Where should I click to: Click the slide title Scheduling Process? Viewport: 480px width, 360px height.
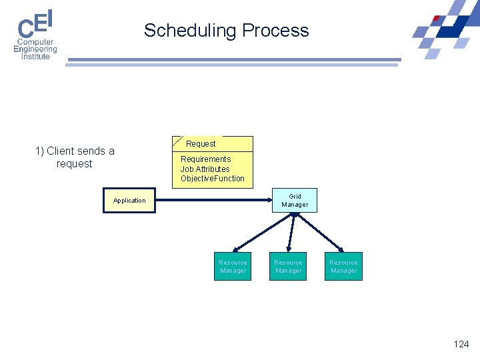pyautogui.click(x=227, y=31)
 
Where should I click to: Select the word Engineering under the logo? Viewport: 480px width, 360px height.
pyautogui.click(x=35, y=49)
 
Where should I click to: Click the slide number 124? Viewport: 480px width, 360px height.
pyautogui.click(x=461, y=344)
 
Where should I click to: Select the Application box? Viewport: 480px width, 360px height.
pyautogui.click(x=129, y=201)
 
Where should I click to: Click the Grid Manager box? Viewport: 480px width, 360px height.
pyautogui.click(x=295, y=201)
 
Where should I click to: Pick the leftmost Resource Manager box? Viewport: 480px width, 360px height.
pyautogui.click(x=233, y=267)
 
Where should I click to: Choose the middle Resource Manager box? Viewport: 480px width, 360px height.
pyautogui.click(x=288, y=267)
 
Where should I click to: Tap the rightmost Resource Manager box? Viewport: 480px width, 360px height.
pyautogui.click(x=343, y=267)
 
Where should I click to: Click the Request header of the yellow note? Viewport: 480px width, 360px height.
pyautogui.click(x=201, y=144)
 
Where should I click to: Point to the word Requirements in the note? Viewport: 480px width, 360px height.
pyautogui.click(x=205, y=159)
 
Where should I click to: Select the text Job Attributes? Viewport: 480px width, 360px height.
pyautogui.click(x=205, y=169)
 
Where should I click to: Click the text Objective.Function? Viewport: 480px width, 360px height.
pyautogui.click(x=213, y=179)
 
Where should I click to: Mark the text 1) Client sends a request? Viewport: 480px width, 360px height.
pyautogui.click(x=75, y=157)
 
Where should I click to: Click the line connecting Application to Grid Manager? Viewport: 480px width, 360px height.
pyautogui.click(x=213, y=201)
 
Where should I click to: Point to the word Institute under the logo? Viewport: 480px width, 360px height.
pyautogui.click(x=35, y=57)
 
